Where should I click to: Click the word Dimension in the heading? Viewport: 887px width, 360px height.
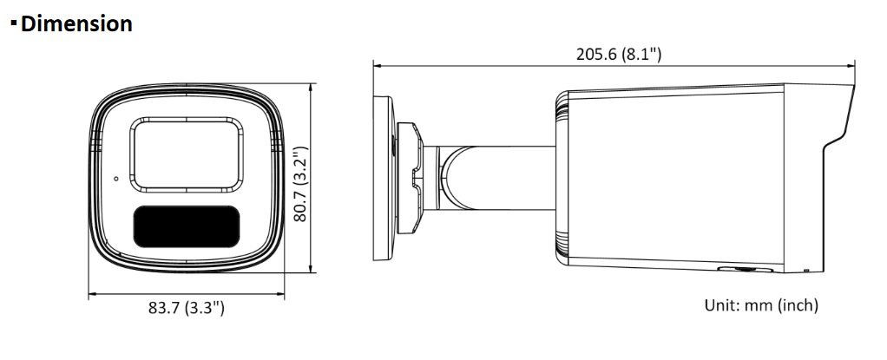click(x=76, y=23)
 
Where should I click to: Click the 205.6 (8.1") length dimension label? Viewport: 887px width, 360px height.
click(x=618, y=55)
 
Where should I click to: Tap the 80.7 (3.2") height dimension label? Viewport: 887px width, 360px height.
click(x=300, y=184)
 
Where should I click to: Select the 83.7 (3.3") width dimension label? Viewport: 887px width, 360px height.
click(x=187, y=308)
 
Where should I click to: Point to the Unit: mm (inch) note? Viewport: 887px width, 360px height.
click(x=761, y=305)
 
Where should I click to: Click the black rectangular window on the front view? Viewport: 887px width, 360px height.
click(x=186, y=226)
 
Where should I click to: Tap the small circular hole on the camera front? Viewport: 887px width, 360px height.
click(x=116, y=179)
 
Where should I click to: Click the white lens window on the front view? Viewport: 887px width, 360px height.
click(x=187, y=154)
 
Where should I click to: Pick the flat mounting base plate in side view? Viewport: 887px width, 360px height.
click(x=383, y=178)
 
